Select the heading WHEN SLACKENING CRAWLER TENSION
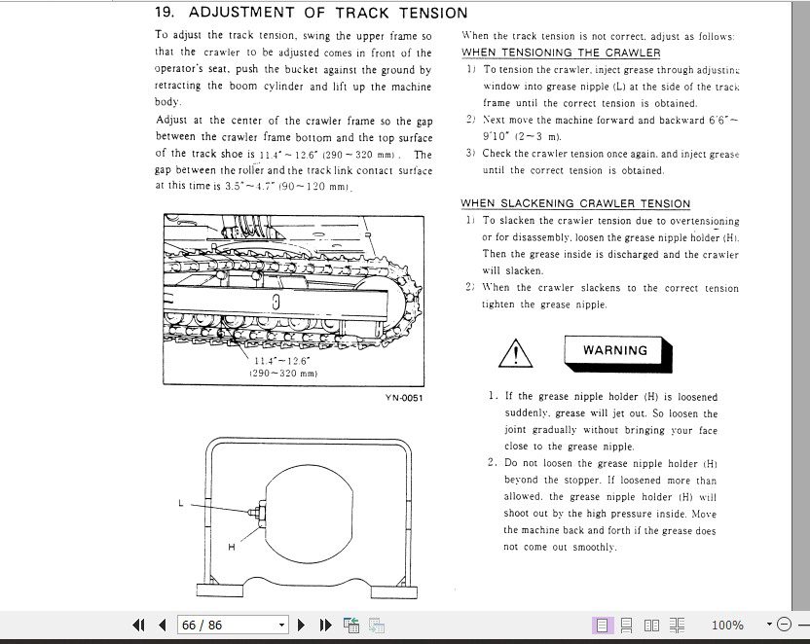coord(575,203)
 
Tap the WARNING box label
coord(614,350)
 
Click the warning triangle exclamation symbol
coord(514,354)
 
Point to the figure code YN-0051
coord(403,397)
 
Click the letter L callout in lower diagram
coord(181,503)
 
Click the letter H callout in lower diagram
coord(231,548)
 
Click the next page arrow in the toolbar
coord(302,625)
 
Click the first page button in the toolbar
coord(138,625)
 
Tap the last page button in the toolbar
coord(326,625)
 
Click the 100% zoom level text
coord(727,625)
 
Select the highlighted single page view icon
coord(603,625)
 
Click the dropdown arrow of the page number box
coord(282,625)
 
